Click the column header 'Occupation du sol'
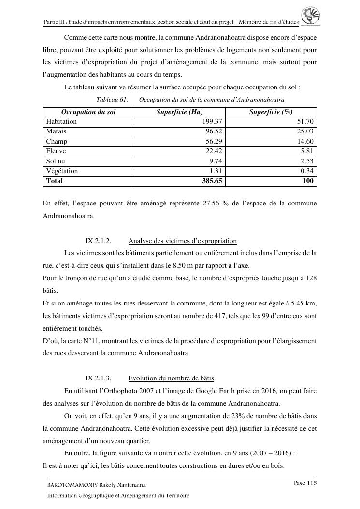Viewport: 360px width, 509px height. coord(88,112)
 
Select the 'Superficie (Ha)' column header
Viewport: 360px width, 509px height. coord(179,112)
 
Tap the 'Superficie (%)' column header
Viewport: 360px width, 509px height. coord(271,112)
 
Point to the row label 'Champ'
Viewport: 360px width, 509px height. coord(57,142)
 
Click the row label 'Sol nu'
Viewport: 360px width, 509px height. coord(56,161)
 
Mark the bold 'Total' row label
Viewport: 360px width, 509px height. coord(55,181)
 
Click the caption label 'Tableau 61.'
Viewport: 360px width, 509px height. coord(112,99)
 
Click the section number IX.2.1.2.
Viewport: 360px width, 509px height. coord(99,241)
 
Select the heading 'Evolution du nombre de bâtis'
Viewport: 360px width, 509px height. coord(171,378)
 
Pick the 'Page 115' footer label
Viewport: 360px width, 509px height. coord(305,483)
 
